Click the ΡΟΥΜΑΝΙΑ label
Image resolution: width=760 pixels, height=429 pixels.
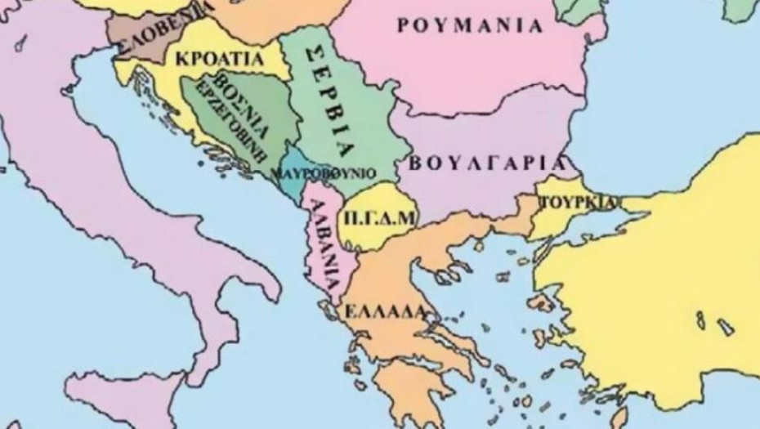(x=470, y=25)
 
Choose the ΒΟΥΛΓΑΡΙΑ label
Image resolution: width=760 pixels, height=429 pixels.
(x=487, y=161)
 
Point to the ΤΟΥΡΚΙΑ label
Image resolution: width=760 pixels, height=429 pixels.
(x=575, y=200)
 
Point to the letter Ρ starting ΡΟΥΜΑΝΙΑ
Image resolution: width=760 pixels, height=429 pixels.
(x=403, y=25)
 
